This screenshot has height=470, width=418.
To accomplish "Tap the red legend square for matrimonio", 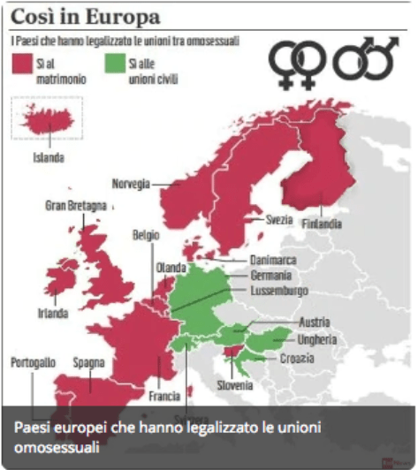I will coord(21,64).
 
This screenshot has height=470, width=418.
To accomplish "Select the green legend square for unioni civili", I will coord(114,64).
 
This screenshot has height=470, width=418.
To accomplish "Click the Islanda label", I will coord(49,159).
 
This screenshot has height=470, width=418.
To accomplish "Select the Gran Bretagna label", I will coord(75,206).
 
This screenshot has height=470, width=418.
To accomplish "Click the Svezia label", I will coord(279,219).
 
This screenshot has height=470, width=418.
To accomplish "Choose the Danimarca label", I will coord(271,261).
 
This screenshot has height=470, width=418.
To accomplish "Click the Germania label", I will coord(270,276).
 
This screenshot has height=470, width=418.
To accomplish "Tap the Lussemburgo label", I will coord(278,291).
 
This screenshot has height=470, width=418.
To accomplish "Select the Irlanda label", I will coord(57,313).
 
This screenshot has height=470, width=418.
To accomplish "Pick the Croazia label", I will coord(295,358).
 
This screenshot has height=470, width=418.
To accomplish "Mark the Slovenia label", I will coord(235,384).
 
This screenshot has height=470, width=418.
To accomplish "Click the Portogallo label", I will coord(34,362).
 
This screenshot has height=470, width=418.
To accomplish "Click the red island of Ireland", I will coord(57,287).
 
